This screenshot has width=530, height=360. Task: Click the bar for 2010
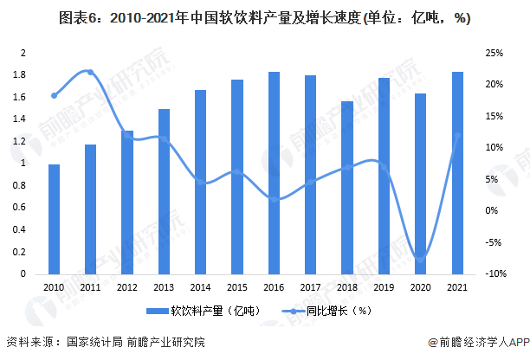pyautogui.click(x=54, y=219)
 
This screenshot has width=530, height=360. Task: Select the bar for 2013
pyautogui.click(x=164, y=191)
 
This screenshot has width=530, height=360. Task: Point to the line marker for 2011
pyautogui.click(x=90, y=73)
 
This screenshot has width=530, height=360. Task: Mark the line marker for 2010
pyautogui.click(x=54, y=95)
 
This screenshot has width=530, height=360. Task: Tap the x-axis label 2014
pyautogui.click(x=200, y=286)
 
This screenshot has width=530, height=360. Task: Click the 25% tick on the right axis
pyautogui.click(x=494, y=53)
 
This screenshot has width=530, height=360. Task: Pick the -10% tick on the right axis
pyautogui.click(x=494, y=274)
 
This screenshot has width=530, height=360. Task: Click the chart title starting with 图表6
pyautogui.click(x=265, y=19)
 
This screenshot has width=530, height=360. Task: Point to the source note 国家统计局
pyautogui.click(x=95, y=341)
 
